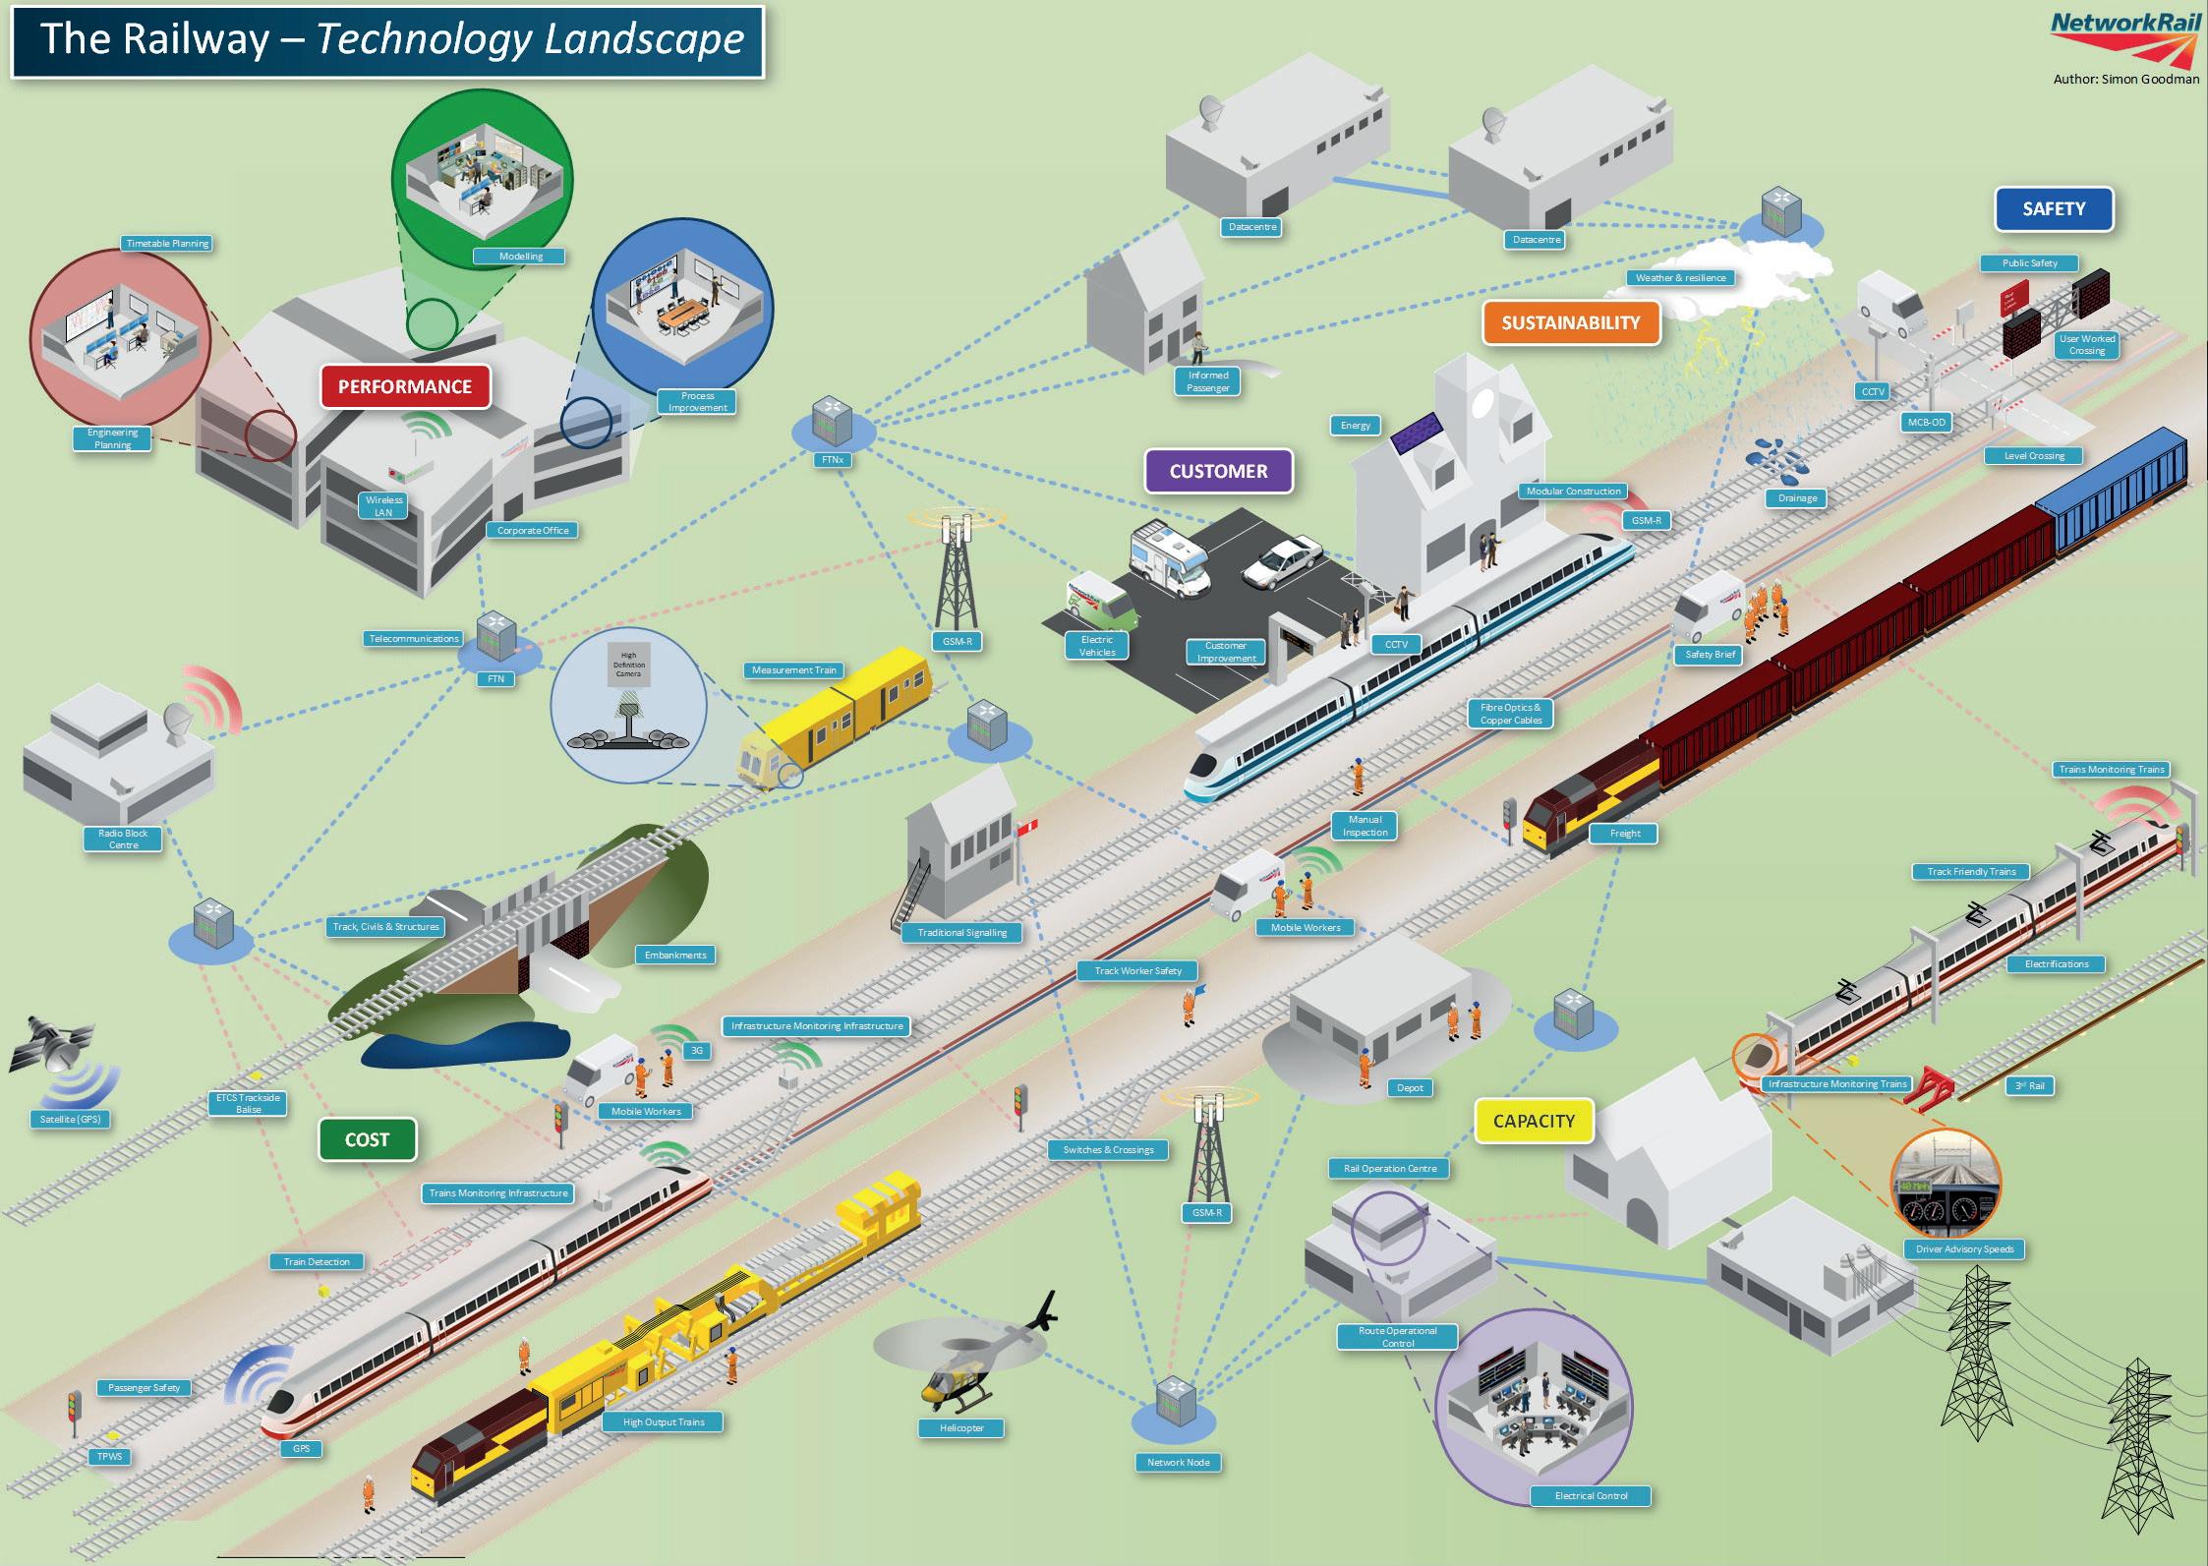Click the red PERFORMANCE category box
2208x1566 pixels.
pos(405,386)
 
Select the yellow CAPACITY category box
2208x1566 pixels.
pos(1533,1121)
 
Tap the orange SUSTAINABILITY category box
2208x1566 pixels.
pos(1570,322)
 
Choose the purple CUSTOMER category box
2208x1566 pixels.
pos(1218,471)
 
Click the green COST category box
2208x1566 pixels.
pos(367,1139)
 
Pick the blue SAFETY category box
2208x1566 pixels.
pos(2053,208)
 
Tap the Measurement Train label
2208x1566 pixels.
pos(793,670)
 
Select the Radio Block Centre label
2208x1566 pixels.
pos(123,839)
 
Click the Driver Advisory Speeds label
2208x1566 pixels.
pos(1964,1249)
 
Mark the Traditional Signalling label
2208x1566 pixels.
pos(961,932)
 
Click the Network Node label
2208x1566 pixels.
pos(1178,1462)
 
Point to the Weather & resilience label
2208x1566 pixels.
pos(1680,277)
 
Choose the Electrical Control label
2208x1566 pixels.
pos(1591,1495)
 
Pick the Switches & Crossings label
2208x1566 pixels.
pos(1108,1149)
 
